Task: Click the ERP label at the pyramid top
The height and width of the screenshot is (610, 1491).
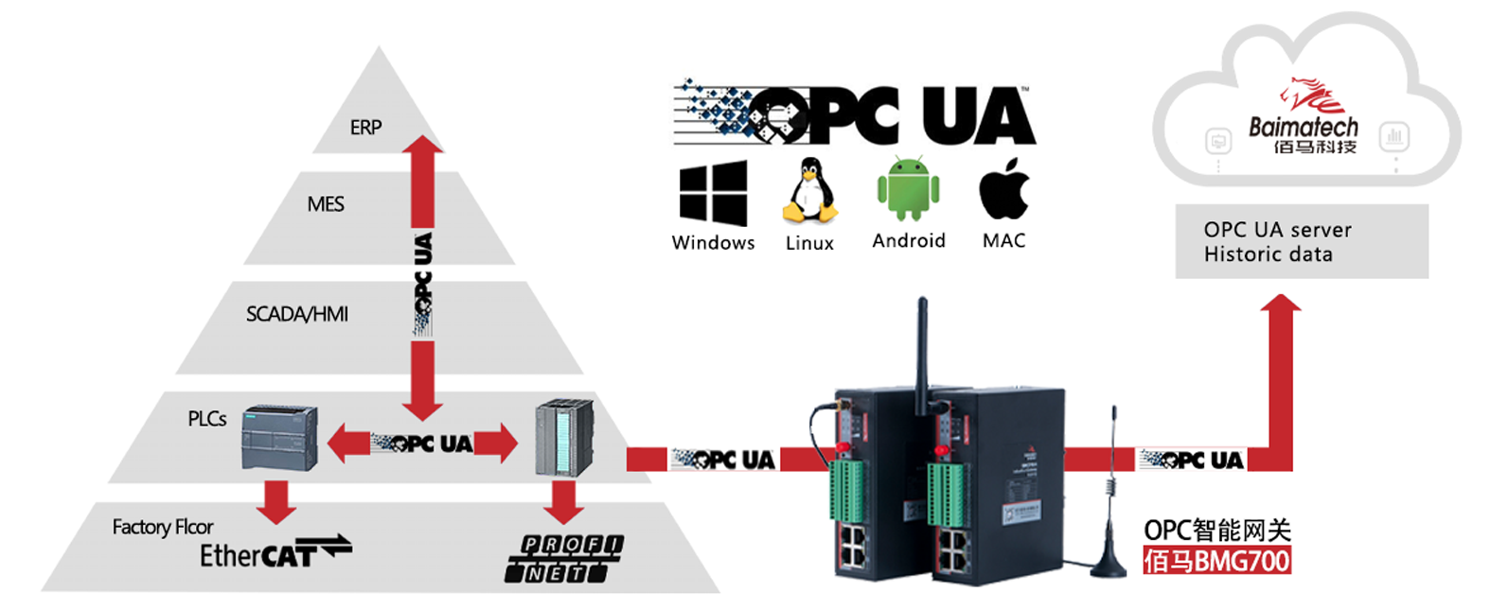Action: (x=365, y=127)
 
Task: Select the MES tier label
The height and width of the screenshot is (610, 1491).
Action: (x=326, y=204)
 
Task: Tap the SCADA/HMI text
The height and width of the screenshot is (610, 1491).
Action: (x=296, y=314)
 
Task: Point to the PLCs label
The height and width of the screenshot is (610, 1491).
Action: (x=206, y=418)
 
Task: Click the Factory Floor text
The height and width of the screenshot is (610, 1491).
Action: (x=162, y=527)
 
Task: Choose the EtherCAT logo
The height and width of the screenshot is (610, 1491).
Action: (x=274, y=552)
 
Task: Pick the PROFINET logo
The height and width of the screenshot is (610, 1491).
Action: (x=564, y=558)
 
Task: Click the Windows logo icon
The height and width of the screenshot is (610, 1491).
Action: (x=713, y=193)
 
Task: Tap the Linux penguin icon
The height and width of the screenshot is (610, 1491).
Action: (x=809, y=191)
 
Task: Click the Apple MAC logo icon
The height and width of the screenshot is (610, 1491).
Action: (x=1003, y=189)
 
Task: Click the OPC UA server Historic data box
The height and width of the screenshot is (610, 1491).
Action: (x=1301, y=241)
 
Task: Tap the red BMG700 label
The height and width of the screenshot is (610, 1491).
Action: (x=1216, y=561)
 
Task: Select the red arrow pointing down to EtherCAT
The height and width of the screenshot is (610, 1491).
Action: (x=276, y=501)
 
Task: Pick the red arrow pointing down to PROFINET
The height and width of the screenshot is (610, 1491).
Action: (x=564, y=501)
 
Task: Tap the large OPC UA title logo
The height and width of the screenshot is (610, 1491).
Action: (x=854, y=115)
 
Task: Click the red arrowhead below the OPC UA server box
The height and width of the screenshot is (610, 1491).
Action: (x=1282, y=305)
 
